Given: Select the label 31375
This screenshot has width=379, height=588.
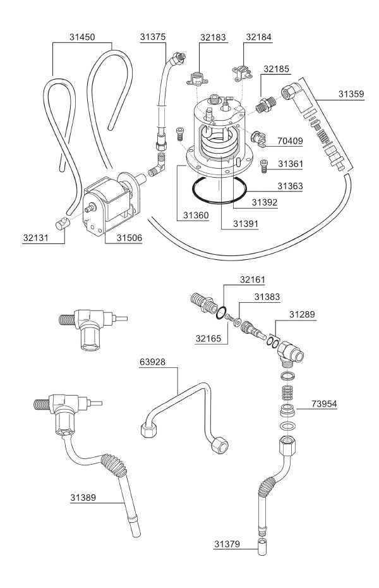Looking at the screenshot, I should [x=153, y=37].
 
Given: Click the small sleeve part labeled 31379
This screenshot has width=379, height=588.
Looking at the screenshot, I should [x=262, y=547].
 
